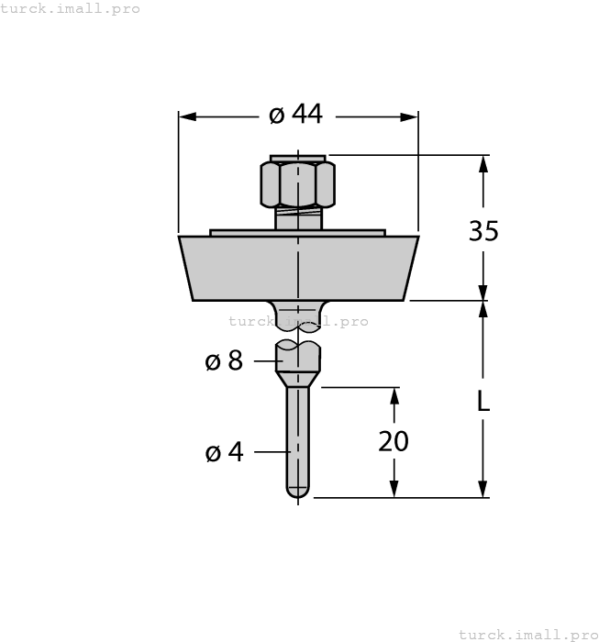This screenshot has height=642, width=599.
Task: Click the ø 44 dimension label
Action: click(x=295, y=115)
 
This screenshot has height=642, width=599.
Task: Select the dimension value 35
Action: click(x=483, y=231)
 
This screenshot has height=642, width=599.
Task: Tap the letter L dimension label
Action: click(x=483, y=401)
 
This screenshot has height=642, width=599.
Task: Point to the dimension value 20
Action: click(x=394, y=441)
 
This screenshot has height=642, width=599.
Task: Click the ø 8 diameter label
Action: click(x=224, y=361)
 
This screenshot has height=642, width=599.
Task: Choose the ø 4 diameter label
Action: click(x=224, y=452)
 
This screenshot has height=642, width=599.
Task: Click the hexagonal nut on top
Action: click(x=298, y=184)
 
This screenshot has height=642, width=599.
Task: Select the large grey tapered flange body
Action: click(x=298, y=268)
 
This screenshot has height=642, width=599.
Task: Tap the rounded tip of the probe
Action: click(x=298, y=493)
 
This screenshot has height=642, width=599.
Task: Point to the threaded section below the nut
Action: click(x=298, y=218)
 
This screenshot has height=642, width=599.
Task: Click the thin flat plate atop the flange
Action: click(x=298, y=233)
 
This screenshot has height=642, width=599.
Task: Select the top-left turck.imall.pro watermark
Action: click(x=71, y=8)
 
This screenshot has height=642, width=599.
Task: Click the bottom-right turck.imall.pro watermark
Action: click(x=527, y=634)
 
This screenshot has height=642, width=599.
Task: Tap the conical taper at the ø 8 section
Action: click(x=298, y=378)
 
